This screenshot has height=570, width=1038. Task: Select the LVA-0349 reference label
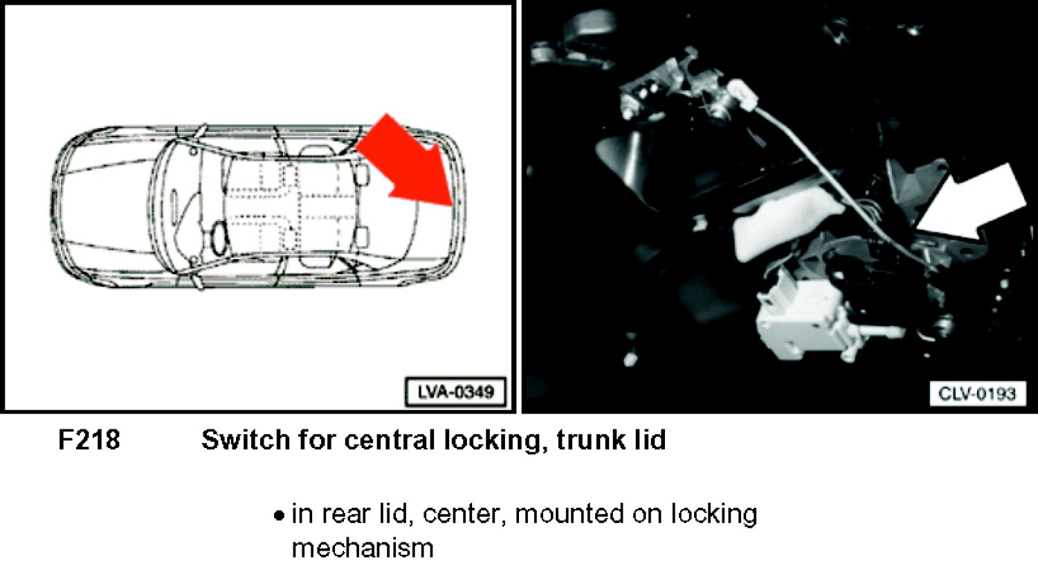[455, 393]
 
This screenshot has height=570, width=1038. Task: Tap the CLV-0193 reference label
[977, 394]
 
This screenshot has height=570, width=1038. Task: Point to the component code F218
[89, 440]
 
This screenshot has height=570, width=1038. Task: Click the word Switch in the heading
[246, 440]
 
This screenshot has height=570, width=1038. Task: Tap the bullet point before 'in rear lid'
[278, 516]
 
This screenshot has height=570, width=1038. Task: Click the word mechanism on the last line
[363, 549]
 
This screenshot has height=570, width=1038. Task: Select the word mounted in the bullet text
[569, 514]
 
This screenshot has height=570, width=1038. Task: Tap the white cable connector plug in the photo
[741, 94]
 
